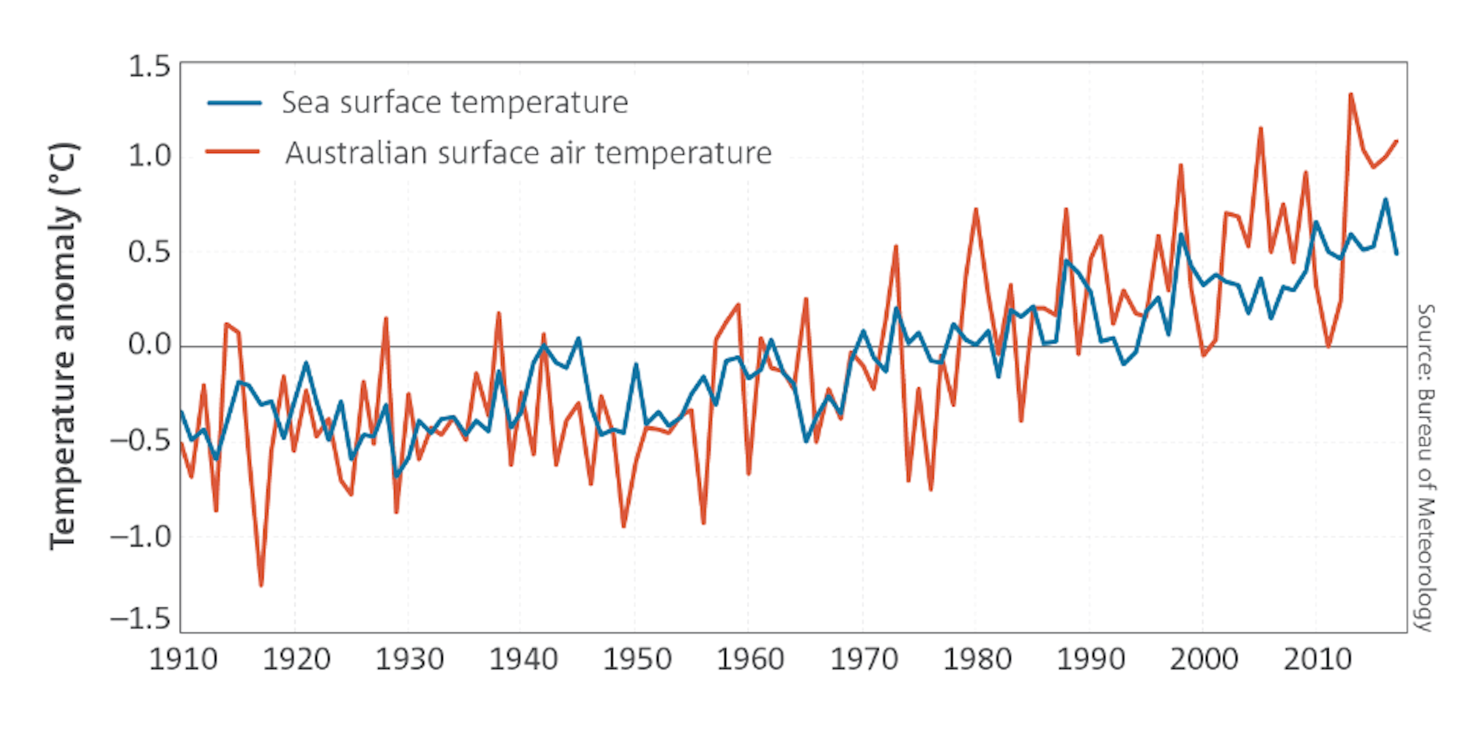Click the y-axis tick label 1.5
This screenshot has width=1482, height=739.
coord(149,67)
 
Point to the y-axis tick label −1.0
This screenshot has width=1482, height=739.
coord(140,537)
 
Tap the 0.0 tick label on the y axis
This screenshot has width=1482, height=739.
coord(149,345)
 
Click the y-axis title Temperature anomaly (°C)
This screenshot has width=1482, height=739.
coord(64,346)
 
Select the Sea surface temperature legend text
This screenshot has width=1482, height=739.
coord(455,103)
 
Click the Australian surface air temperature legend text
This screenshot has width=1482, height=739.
coord(528,153)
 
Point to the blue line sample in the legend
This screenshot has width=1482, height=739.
coord(235,103)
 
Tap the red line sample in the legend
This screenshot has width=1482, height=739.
coord(233,151)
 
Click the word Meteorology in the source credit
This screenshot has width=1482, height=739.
coord(1426,564)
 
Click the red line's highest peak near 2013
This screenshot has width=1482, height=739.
coord(1350,94)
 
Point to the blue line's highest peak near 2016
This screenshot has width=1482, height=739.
coord(1385,199)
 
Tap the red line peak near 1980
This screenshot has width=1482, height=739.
coord(976,210)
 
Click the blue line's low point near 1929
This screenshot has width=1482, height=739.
coord(396,476)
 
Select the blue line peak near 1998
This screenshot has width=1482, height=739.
coord(1181,234)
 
